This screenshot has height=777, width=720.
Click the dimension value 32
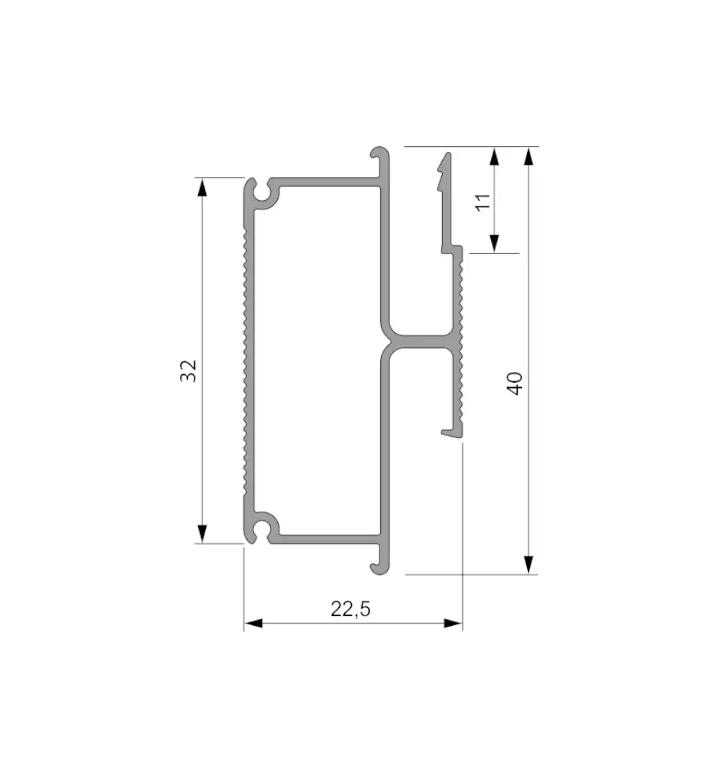[x=189, y=371]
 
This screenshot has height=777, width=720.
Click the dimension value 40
[x=516, y=383]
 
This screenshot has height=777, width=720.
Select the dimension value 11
[x=482, y=202]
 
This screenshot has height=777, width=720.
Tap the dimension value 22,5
[x=351, y=609]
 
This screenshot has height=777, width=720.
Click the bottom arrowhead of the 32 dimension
[x=202, y=534]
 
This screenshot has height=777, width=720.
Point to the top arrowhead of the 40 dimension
[x=529, y=156]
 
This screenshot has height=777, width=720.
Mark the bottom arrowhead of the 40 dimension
[x=529, y=565]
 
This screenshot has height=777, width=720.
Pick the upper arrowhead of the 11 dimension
[x=494, y=156]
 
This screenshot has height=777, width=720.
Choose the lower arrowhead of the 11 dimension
[x=494, y=243]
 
